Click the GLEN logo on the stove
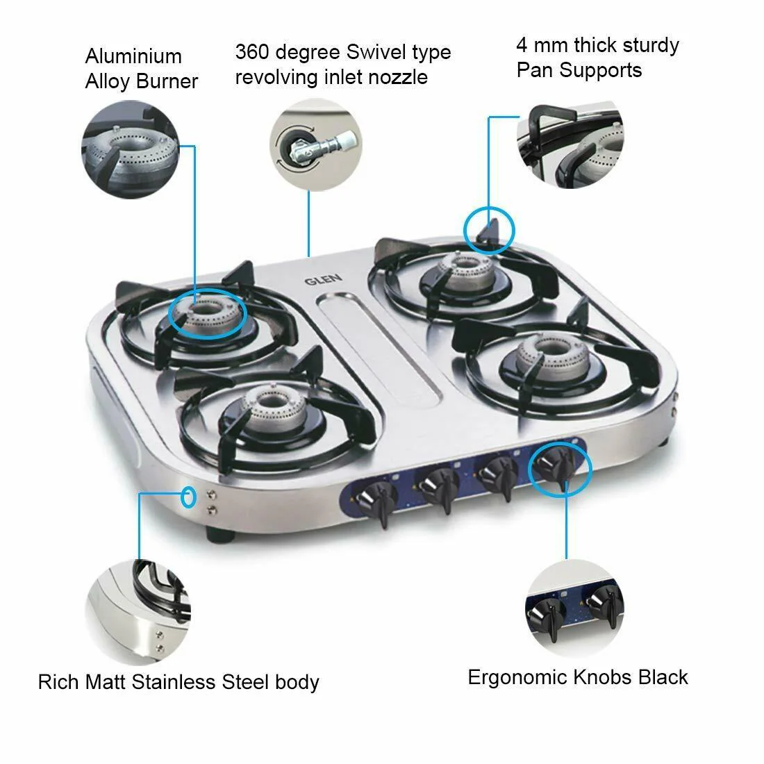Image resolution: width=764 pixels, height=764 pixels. point(323,279)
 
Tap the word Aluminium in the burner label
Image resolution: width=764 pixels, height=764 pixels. point(133,56)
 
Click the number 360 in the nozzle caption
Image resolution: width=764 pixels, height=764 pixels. point(251,51)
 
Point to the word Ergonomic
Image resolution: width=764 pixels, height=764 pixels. point(517,678)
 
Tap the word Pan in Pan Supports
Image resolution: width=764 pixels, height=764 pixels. point(535,69)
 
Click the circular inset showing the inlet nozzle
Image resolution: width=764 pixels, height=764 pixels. point(316,144)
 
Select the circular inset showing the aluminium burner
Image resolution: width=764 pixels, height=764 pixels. point(130,149)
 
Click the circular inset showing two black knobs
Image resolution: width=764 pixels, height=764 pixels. point(574,609)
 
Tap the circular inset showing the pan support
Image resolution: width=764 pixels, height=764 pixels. point(570,144)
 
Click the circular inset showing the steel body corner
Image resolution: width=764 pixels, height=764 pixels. point(138,613)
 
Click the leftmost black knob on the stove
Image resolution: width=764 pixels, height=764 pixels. point(375,502)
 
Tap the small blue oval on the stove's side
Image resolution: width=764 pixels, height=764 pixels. point(188,497)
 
